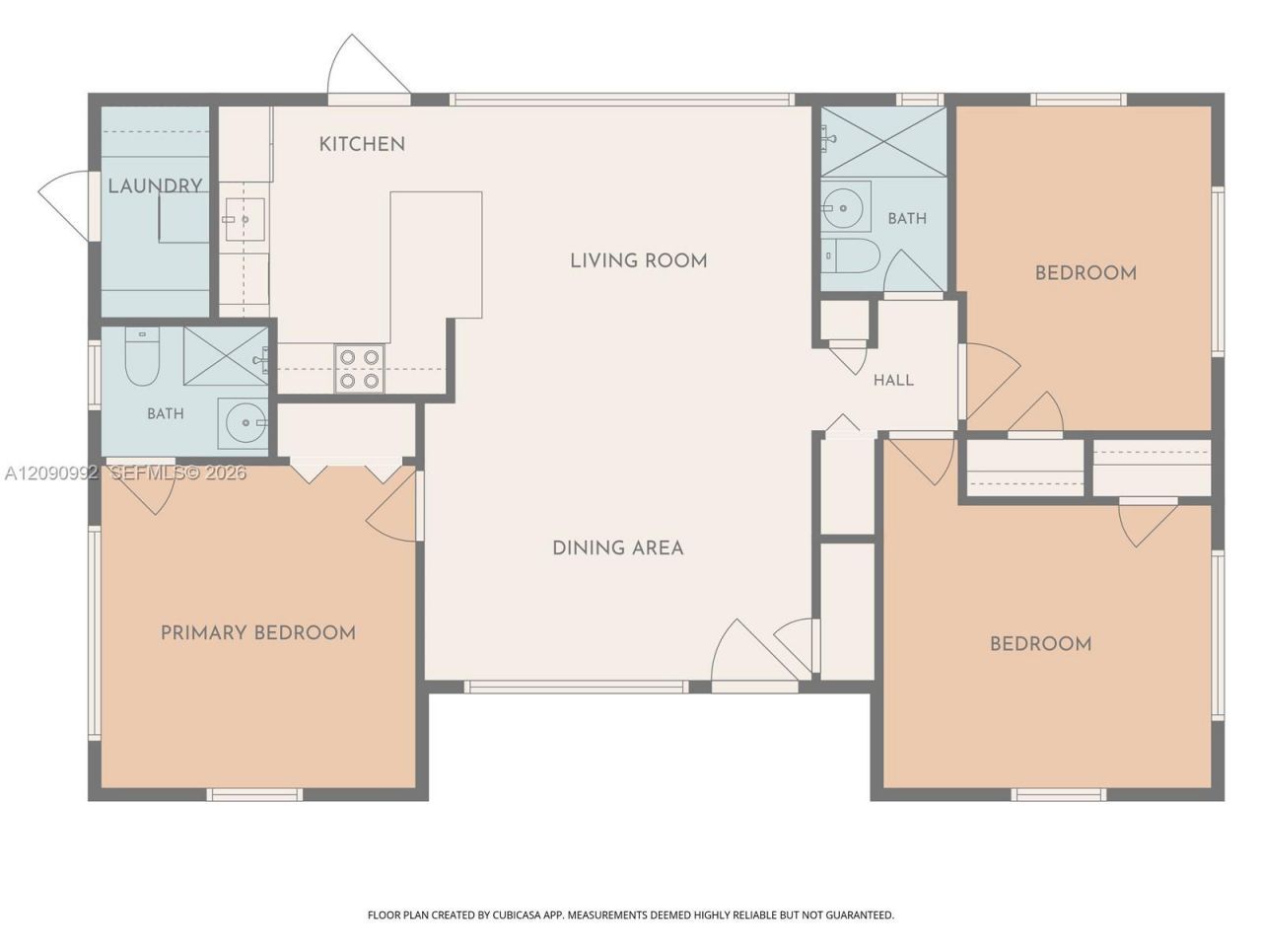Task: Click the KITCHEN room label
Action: (x=362, y=144)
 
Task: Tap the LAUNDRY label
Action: (x=155, y=185)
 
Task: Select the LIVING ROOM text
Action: (x=638, y=261)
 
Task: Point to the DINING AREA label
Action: (x=618, y=547)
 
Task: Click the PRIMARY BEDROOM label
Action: (x=258, y=633)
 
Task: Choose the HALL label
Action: (x=893, y=380)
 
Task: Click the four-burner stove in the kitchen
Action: (x=359, y=369)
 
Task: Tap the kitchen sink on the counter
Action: (x=245, y=219)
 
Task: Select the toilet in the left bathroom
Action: (x=142, y=356)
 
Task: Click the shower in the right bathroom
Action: (x=883, y=141)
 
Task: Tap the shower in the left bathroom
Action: (x=226, y=356)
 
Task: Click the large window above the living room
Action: (x=621, y=100)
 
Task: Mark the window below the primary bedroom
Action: (x=254, y=795)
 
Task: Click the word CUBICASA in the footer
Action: (x=516, y=914)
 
